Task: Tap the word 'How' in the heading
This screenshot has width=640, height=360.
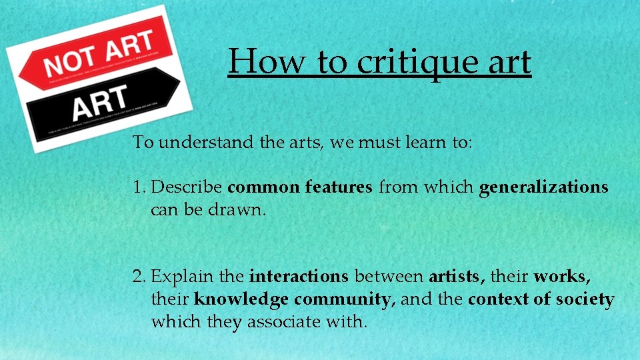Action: click(267, 62)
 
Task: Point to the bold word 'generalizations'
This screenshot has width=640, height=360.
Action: click(543, 187)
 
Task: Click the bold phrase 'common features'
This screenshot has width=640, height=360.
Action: click(300, 187)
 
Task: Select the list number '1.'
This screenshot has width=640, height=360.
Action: click(139, 187)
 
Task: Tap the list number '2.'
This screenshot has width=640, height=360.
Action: click(140, 276)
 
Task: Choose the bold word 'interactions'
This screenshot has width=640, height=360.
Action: click(299, 276)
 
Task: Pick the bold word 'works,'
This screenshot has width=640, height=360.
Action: click(562, 276)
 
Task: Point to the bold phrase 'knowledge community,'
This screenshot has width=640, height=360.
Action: click(295, 299)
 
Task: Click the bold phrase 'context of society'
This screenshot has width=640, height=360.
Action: click(541, 299)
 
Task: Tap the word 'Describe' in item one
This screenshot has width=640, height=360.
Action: click(189, 187)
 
